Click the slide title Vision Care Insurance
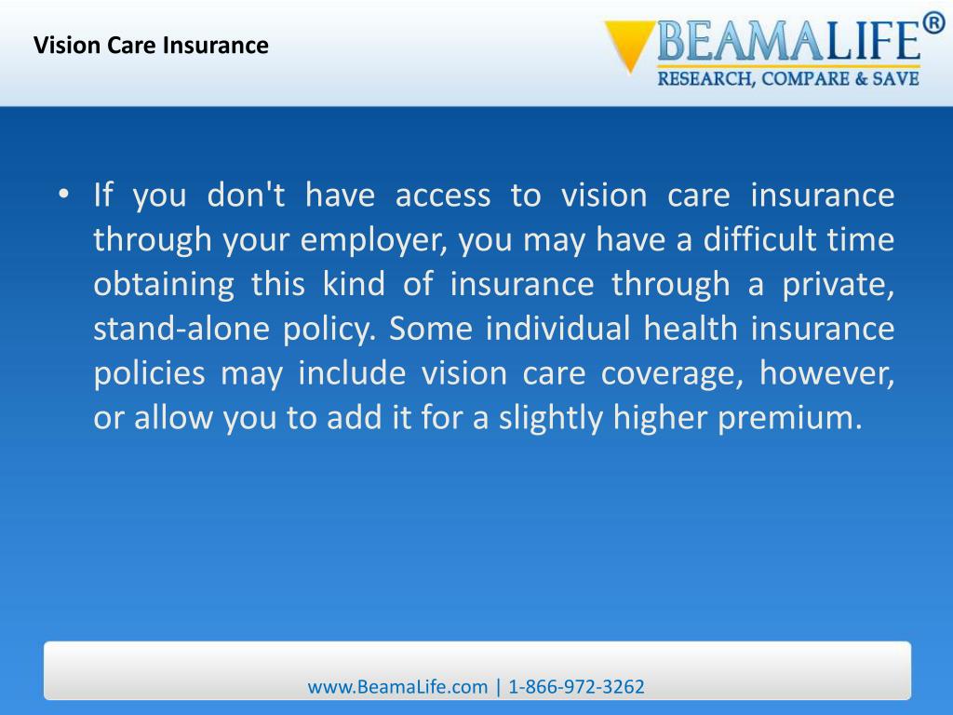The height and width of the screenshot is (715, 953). [x=152, y=45]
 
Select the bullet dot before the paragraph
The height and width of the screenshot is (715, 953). [x=62, y=195]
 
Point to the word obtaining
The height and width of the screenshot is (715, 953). [x=164, y=285]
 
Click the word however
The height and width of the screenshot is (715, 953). [x=827, y=374]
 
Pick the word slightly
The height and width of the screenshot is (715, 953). [x=552, y=419]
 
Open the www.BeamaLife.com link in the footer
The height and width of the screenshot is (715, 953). [x=397, y=687]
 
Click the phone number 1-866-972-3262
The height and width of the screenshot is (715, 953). [x=576, y=687]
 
